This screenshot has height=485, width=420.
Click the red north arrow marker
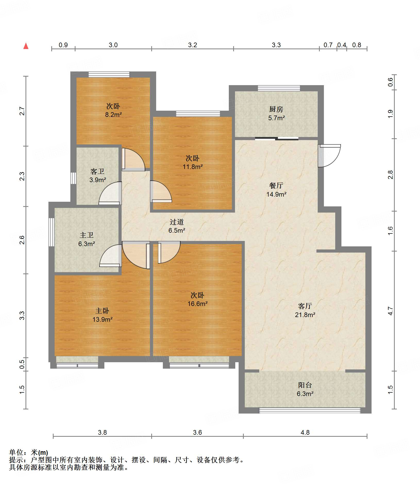[26, 46]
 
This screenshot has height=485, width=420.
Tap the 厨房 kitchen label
[276, 109]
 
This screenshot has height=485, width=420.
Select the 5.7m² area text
[276, 118]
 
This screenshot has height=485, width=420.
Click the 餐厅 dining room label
[276, 185]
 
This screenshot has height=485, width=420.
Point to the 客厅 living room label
[305, 306]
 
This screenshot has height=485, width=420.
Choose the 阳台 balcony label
[305, 385]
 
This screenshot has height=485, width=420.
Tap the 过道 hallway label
[177, 222]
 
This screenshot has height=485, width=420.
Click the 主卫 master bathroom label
[86, 235]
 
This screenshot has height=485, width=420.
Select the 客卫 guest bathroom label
[97, 171]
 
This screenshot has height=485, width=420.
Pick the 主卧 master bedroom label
[102, 311]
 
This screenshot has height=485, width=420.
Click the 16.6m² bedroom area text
[197, 304]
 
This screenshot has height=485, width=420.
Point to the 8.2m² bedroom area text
[113, 115]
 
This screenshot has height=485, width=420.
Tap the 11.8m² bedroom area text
[192, 167]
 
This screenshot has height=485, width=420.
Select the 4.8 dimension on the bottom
[305, 432]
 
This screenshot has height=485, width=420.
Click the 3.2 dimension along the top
[192, 45]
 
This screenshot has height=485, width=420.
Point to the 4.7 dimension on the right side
[390, 311]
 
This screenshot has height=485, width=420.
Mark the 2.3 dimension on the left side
[22, 176]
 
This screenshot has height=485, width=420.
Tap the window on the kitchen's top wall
[279, 88]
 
